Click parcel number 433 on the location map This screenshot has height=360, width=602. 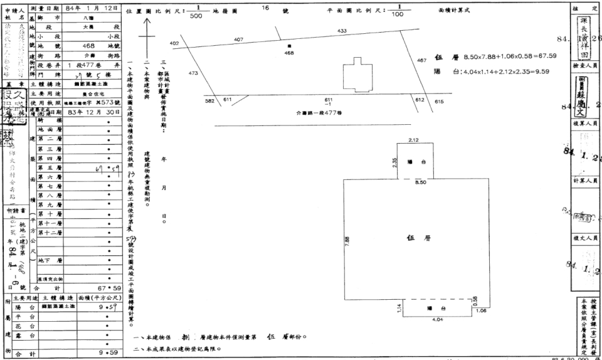point(342,31)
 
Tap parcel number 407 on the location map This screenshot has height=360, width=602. point(238,40)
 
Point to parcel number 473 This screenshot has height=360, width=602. point(193,73)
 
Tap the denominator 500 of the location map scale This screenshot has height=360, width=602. point(196,18)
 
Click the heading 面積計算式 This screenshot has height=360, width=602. point(457,11)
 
